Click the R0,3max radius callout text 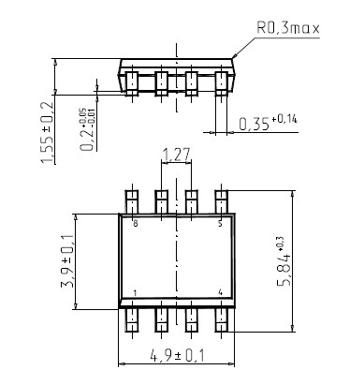click(287, 28)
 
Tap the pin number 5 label click(220, 224)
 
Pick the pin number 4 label click(220, 293)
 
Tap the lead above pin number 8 click(132, 201)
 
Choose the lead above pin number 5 click(222, 201)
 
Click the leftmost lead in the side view click(132, 82)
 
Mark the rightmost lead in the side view click(222, 82)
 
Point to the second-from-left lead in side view click(162, 82)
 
